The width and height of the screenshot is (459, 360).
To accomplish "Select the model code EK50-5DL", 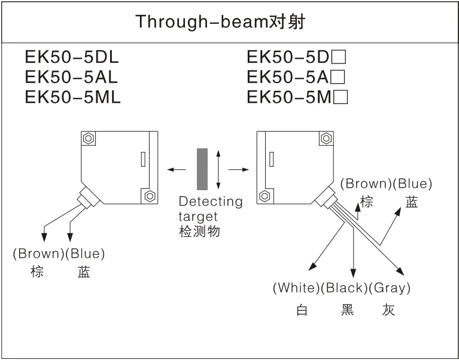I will [72, 57].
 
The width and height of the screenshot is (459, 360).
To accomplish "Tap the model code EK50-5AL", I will [72, 77].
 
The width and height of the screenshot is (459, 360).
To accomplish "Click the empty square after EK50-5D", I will [340, 57].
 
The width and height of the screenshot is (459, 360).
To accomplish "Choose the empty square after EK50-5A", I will [339, 77].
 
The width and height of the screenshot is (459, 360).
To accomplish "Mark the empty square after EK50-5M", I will [341, 97].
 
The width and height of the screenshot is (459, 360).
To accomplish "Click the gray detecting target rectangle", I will [202, 169].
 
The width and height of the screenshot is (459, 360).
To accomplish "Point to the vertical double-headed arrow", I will [218, 169].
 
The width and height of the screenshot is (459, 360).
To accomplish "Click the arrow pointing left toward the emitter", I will [177, 170].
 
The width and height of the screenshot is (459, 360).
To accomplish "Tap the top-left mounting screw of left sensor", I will [89, 138].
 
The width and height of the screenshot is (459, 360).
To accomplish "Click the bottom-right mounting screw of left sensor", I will [149, 196].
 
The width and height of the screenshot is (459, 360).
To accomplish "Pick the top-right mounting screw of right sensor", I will [326, 138].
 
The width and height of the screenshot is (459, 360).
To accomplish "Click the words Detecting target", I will [210, 208].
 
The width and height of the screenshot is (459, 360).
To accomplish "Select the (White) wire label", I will [296, 288].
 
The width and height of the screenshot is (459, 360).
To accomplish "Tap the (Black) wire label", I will [344, 288].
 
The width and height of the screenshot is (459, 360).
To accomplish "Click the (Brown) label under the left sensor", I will [38, 254].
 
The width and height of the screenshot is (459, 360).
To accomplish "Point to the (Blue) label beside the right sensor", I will [412, 184].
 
